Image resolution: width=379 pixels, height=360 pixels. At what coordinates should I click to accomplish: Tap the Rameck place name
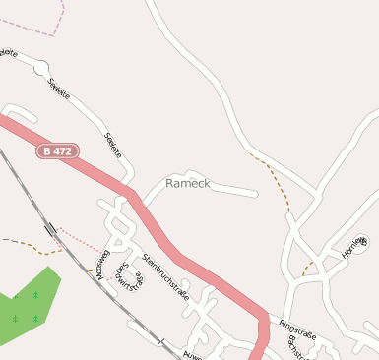click(187, 184)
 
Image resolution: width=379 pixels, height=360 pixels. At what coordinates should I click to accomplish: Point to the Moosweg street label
click(101, 265)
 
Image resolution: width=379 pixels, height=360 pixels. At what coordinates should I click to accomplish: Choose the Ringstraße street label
click(298, 329)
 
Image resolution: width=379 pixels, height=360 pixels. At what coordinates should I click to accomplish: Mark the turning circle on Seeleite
click(40, 69)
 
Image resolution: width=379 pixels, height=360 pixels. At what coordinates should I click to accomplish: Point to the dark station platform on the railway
click(50, 230)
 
